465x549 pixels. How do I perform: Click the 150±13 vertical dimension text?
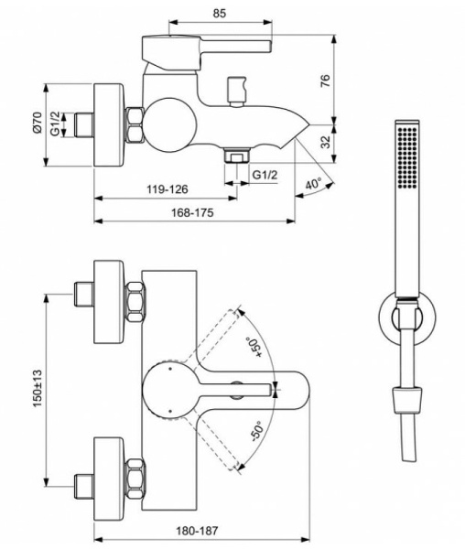coord(37,387)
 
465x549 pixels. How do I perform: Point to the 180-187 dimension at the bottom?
coord(198,531)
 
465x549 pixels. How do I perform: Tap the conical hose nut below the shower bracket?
coord(406,399)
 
